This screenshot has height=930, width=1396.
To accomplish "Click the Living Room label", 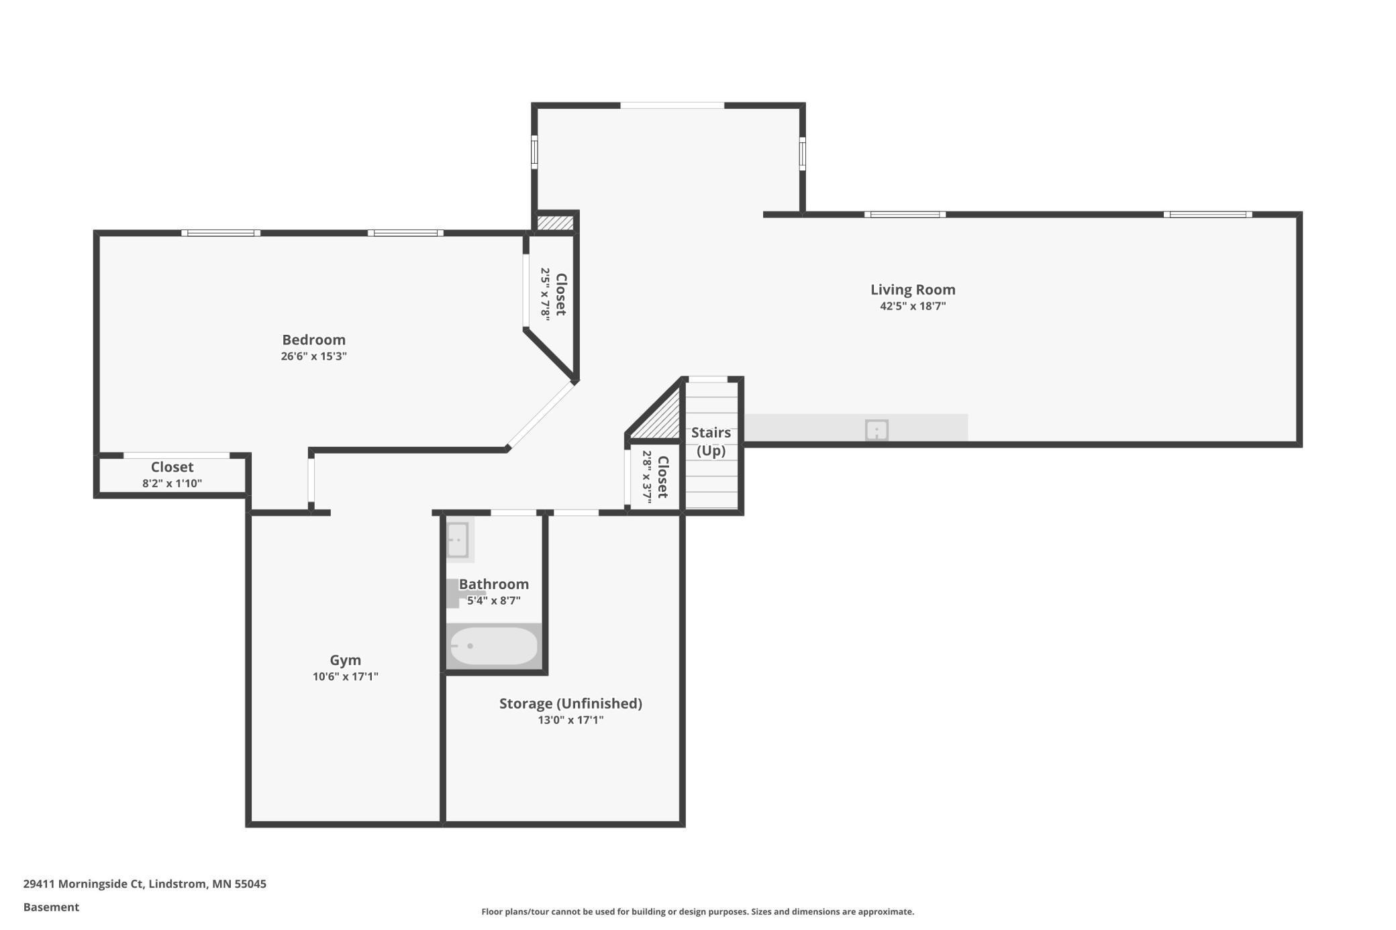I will pyautogui.click(x=913, y=290).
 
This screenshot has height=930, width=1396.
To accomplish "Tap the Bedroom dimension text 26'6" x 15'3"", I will pyautogui.click(x=313, y=356).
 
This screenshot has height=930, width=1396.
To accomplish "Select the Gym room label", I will pyautogui.click(x=345, y=660).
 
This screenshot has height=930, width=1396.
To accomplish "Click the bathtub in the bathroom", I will pyautogui.click(x=493, y=646).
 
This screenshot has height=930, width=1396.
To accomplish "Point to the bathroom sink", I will pyautogui.click(x=458, y=539).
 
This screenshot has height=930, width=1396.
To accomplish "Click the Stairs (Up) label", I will pyautogui.click(x=711, y=442).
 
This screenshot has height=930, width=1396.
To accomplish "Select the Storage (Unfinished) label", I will pyautogui.click(x=570, y=704).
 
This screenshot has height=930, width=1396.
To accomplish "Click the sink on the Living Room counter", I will pyautogui.click(x=877, y=429).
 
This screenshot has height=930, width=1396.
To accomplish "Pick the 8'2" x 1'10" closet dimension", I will pyautogui.click(x=172, y=483).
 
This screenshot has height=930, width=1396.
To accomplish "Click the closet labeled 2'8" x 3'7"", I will pyautogui.click(x=655, y=477).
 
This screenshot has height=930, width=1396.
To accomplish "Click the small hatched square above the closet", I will pyautogui.click(x=555, y=222).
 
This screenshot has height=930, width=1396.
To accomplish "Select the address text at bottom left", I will pyautogui.click(x=144, y=884).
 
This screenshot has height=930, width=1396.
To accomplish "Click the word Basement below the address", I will pyautogui.click(x=51, y=907).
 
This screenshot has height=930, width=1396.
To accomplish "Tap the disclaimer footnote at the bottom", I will pyautogui.click(x=697, y=912).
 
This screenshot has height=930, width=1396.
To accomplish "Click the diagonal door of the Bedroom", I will pyautogui.click(x=541, y=415).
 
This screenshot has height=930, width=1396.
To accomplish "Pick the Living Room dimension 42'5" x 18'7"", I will pyautogui.click(x=913, y=307).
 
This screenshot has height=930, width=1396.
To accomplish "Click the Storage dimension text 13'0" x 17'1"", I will pyautogui.click(x=570, y=720).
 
